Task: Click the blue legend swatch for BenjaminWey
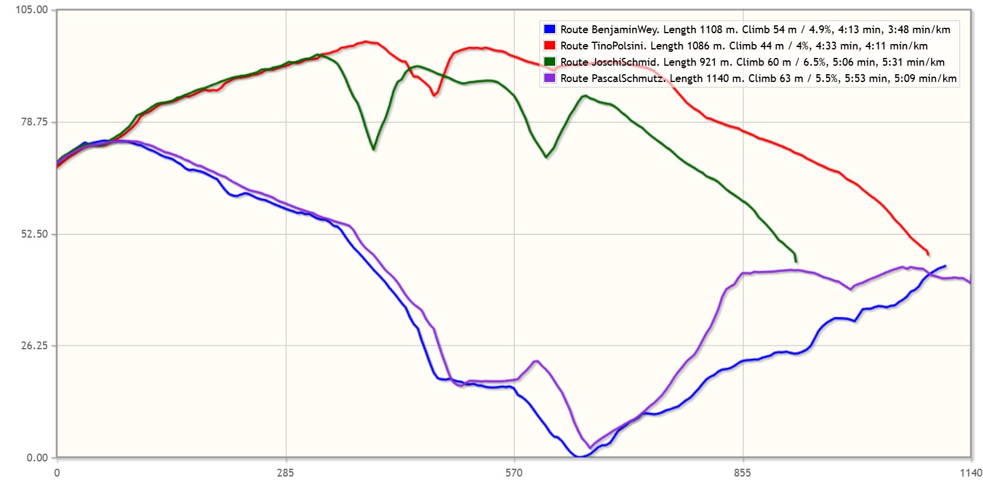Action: tap(549, 29)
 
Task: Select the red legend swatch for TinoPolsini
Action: tap(549, 45)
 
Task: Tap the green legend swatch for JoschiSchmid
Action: tap(549, 62)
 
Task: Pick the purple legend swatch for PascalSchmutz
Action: tap(549, 78)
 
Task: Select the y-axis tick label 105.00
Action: tap(31, 10)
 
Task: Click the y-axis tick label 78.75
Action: tap(34, 122)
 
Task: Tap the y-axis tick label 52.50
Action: tap(34, 234)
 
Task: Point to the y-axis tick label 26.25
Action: tap(34, 346)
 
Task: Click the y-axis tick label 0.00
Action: tap(37, 458)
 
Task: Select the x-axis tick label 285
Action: tap(285, 473)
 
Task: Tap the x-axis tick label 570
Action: tap(514, 473)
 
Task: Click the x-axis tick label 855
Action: tap(742, 473)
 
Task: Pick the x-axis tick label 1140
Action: tap(970, 473)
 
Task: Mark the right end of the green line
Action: tap(797, 262)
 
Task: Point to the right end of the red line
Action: tap(929, 255)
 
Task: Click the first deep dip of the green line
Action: tap(374, 148)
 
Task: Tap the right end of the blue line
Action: tap(945, 265)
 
